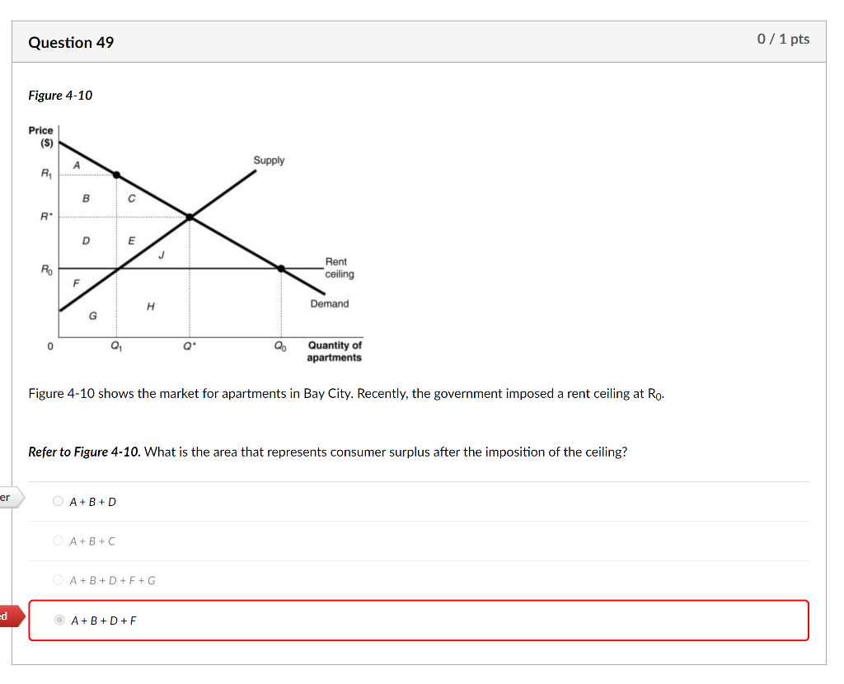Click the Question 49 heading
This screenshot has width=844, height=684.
click(x=71, y=42)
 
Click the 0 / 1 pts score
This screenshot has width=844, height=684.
click(x=783, y=40)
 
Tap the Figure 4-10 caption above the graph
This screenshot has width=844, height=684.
click(x=60, y=96)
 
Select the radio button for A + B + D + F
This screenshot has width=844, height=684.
click(x=59, y=621)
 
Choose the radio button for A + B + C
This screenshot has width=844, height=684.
click(x=58, y=541)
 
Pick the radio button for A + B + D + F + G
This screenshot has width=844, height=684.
click(x=58, y=580)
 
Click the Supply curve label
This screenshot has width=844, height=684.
click(x=269, y=161)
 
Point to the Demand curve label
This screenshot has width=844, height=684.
click(x=329, y=304)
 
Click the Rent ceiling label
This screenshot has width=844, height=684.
click(x=338, y=268)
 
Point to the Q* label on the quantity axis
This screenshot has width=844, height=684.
click(x=190, y=347)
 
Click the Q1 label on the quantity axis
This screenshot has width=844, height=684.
click(x=116, y=347)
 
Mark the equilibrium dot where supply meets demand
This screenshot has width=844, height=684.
click(x=190, y=217)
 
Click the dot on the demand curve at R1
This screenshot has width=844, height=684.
click(x=116, y=175)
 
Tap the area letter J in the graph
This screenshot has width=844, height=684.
click(x=162, y=255)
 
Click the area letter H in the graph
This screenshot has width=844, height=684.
click(x=150, y=306)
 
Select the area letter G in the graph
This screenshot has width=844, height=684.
click(x=92, y=315)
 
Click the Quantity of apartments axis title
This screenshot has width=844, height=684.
click(x=334, y=352)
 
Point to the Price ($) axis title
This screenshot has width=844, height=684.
click(x=40, y=136)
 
